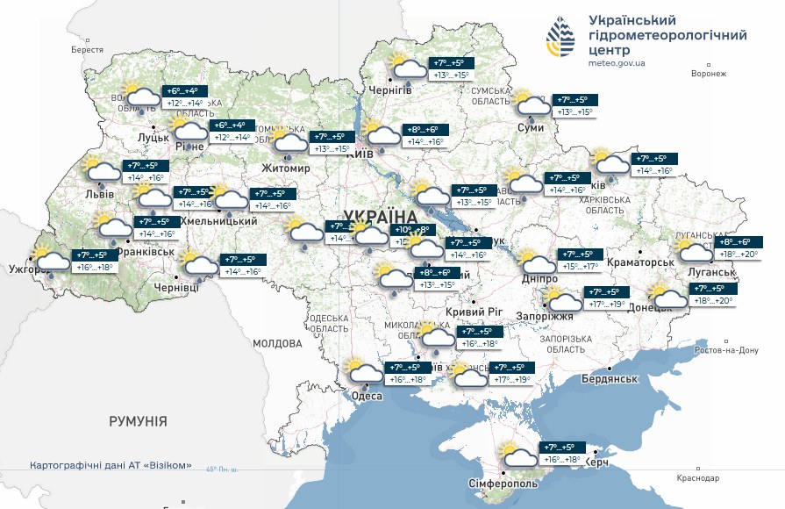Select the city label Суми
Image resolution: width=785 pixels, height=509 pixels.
[x=531, y=128]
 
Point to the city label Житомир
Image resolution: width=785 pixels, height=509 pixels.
[x=286, y=168]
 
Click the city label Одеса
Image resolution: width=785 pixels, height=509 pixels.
[x=367, y=396]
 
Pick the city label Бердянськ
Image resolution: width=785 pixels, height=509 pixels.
[x=608, y=378]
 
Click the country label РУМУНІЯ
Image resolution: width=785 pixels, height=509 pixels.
[x=138, y=421]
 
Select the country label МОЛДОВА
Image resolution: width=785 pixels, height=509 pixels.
[x=277, y=344]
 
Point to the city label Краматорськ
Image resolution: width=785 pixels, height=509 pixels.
[x=636, y=262]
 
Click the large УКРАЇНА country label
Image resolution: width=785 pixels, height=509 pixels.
[x=380, y=216]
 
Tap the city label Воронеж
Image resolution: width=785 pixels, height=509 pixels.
[x=708, y=74]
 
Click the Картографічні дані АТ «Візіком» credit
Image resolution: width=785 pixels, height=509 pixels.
[x=111, y=466]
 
